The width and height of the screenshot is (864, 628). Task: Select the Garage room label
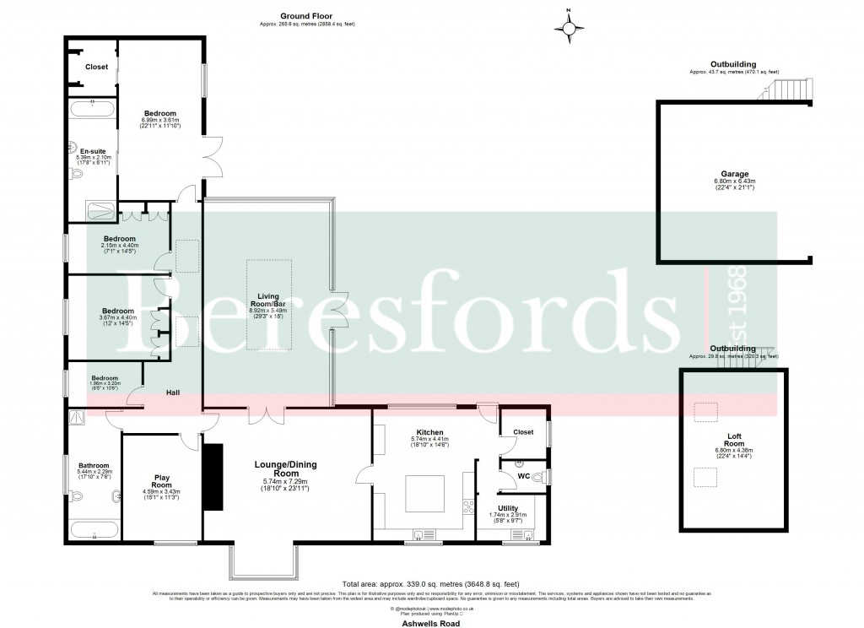[x=734, y=174]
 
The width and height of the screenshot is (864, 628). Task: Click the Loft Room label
[x=735, y=438]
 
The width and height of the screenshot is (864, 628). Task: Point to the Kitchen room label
[x=429, y=432]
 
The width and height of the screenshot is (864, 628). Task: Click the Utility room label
[x=508, y=508]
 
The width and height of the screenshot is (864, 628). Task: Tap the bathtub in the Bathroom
[x=94, y=530]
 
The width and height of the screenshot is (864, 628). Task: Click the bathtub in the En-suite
[x=92, y=107]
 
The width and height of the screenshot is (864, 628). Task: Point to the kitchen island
[x=429, y=493]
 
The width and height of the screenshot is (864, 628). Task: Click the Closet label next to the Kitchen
[x=523, y=432]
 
